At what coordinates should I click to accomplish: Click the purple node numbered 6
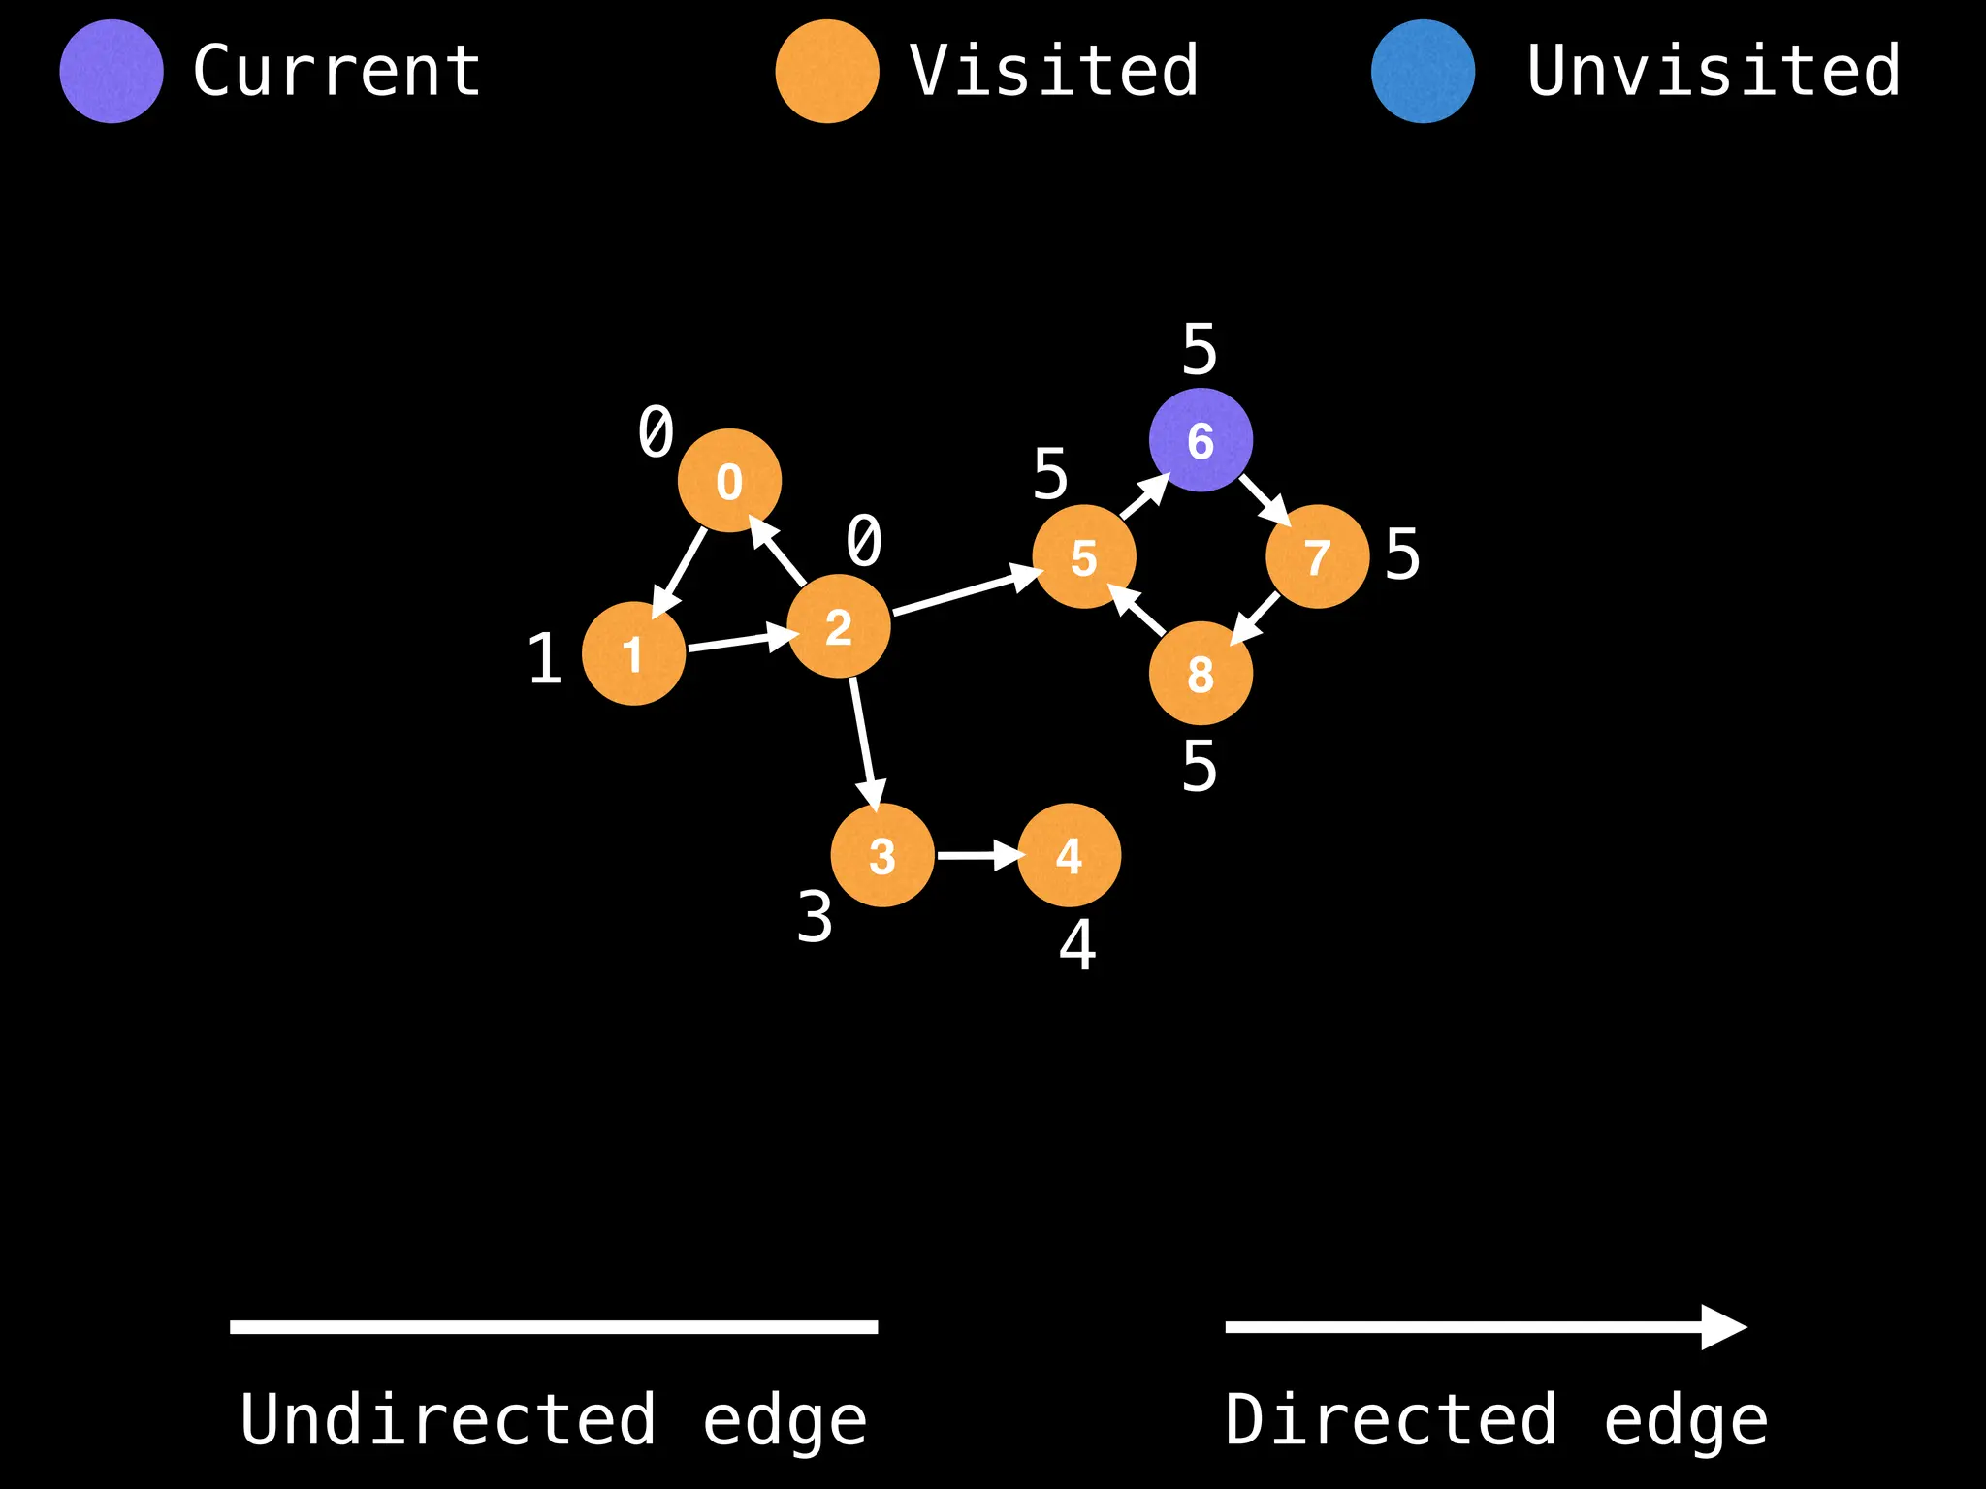1201,440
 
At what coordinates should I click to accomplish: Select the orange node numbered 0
729,481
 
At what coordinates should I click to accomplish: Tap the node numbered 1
633,653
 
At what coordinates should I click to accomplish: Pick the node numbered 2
839,626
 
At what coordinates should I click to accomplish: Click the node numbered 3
882,855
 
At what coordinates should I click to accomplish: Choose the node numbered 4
1069,855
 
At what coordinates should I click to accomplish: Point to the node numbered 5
1084,556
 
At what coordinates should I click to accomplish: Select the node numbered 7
1317,556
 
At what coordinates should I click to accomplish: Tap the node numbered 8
1201,674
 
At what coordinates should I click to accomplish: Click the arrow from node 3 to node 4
976,855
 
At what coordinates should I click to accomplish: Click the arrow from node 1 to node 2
737,641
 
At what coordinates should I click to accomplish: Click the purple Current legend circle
112,71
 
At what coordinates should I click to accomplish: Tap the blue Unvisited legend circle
1423,71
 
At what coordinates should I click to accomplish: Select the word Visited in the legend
1054,71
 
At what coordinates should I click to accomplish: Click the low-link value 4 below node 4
1077,945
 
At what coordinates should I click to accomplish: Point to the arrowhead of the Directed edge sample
1723,1326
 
